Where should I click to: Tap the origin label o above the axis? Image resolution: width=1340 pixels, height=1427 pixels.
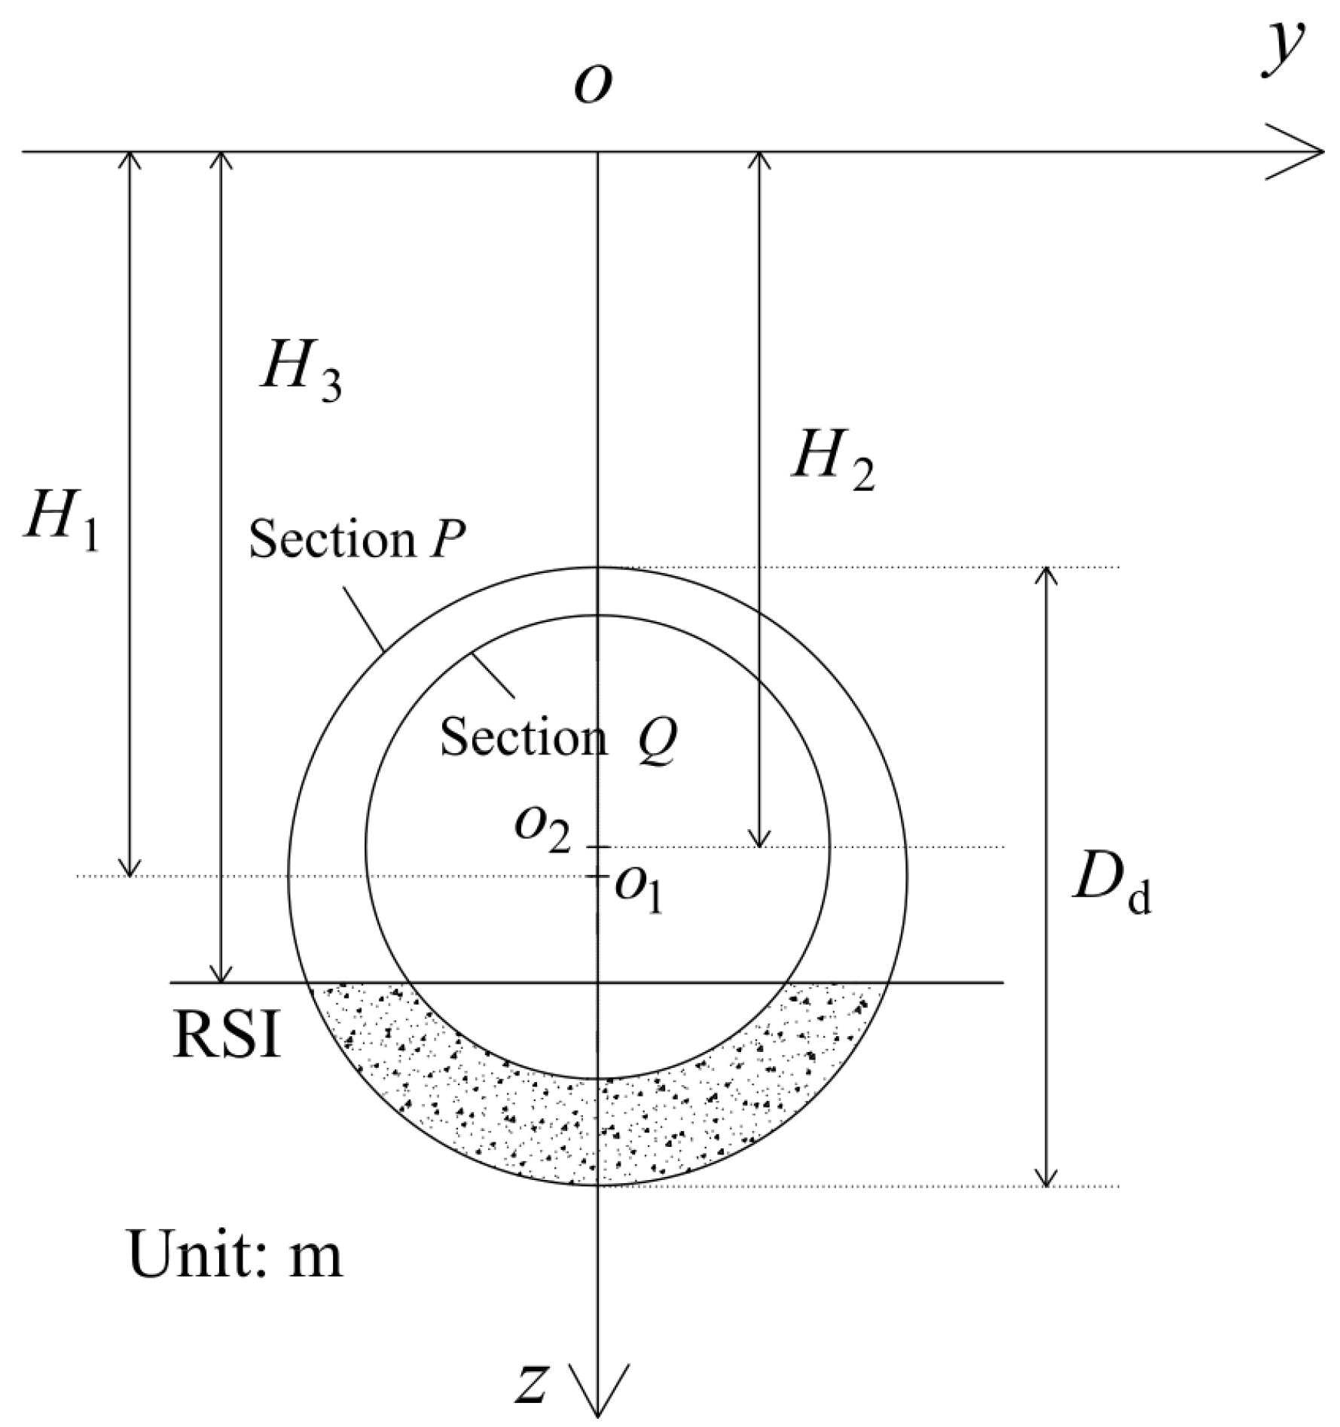pos(592,84)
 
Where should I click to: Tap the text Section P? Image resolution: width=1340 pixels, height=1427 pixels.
pos(357,539)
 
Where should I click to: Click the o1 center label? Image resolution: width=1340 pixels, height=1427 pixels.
pos(639,889)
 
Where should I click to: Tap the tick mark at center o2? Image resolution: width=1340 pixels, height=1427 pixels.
pos(598,847)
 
